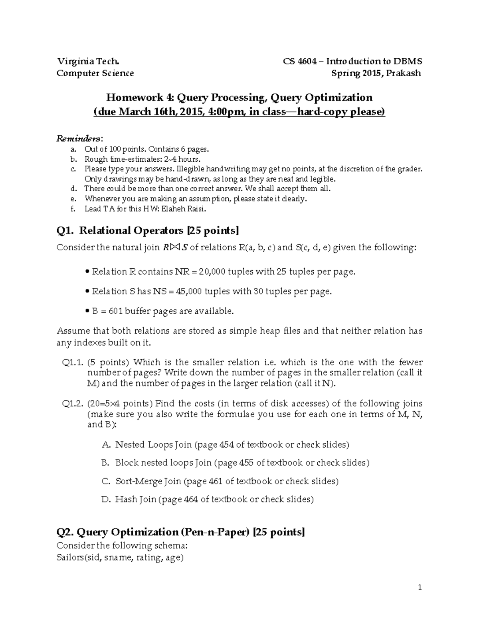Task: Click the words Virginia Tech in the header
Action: click(87, 61)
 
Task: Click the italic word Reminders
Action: click(79, 139)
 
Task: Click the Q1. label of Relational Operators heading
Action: click(65, 231)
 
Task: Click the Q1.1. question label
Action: click(73, 362)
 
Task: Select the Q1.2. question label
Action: click(73, 404)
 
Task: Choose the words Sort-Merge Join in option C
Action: click(148, 481)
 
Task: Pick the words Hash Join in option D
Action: click(136, 499)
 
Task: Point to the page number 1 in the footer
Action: click(420, 587)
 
